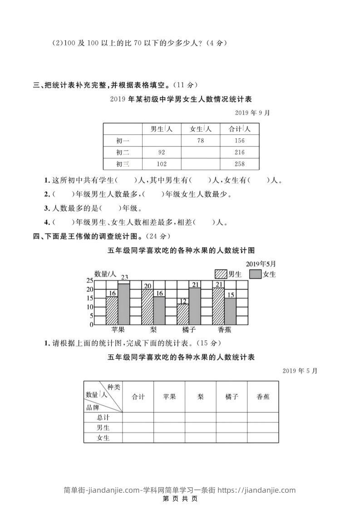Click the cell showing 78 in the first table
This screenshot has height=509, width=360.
(x=201, y=141)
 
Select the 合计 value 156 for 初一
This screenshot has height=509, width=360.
(x=239, y=141)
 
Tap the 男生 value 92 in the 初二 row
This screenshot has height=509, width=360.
(x=162, y=152)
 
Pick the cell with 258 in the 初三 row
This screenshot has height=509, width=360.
(x=239, y=164)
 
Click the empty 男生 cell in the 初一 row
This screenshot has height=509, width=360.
(x=162, y=141)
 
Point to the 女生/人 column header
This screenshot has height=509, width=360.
(x=201, y=129)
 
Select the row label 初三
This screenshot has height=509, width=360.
(x=123, y=164)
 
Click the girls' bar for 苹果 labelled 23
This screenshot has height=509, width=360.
(x=124, y=304)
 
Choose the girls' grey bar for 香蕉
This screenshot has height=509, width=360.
(x=230, y=311)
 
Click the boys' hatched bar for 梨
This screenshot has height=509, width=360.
(x=148, y=307)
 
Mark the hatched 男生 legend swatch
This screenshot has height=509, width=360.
(x=221, y=274)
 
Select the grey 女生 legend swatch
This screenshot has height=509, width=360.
(x=256, y=274)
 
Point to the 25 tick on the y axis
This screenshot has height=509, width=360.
(x=89, y=280)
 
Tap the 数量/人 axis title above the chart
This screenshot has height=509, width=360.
(x=105, y=274)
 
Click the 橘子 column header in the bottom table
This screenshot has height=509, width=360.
(x=232, y=396)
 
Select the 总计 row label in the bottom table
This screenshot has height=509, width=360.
(x=103, y=417)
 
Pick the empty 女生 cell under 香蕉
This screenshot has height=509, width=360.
(x=263, y=438)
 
